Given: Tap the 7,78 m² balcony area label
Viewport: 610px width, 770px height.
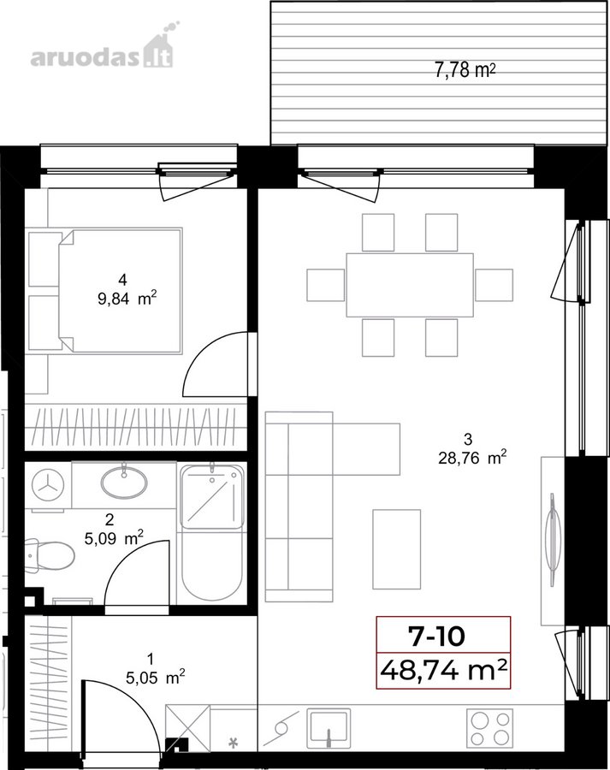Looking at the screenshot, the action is point(465,70).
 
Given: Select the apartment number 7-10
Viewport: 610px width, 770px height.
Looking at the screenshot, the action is point(436,636).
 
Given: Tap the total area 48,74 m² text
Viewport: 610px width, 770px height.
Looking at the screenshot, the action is point(443,670).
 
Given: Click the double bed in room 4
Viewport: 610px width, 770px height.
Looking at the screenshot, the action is point(121,290).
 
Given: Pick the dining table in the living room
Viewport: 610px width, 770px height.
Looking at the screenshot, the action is point(410,285).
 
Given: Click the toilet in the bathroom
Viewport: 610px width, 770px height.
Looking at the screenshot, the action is point(50,556).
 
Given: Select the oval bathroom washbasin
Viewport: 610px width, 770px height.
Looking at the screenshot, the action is point(124,483).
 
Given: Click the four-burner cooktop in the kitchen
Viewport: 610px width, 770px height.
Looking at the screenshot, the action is point(489,728).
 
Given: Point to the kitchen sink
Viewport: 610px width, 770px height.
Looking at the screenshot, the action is point(329,728).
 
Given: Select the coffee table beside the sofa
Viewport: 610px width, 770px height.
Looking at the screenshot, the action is point(396,549).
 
